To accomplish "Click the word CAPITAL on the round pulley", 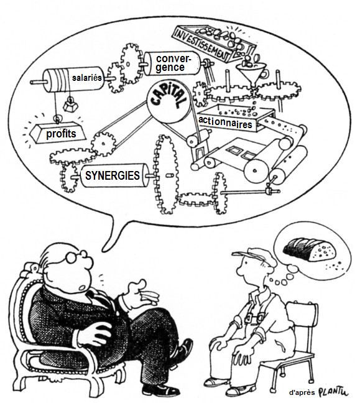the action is [167, 98].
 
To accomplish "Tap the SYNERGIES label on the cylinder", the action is [113, 175].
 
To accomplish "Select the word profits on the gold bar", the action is [61, 134].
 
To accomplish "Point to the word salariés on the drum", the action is [87, 78].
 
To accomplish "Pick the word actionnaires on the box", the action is [225, 123].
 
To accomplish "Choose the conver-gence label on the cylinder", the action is [173, 63].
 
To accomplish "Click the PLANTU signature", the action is [333, 392].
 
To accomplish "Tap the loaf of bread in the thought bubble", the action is [310, 249].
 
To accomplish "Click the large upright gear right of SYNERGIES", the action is [166, 175].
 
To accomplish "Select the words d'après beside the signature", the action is [302, 392].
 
